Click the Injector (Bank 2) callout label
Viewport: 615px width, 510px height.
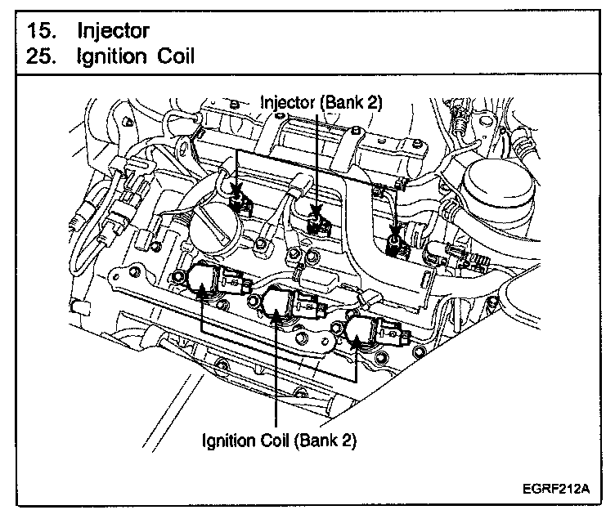(321, 102)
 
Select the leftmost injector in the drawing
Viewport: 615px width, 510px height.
(240, 198)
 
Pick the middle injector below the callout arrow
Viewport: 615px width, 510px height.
(316, 220)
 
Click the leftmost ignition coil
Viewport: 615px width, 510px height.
(203, 280)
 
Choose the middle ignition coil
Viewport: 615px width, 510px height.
(278, 306)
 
